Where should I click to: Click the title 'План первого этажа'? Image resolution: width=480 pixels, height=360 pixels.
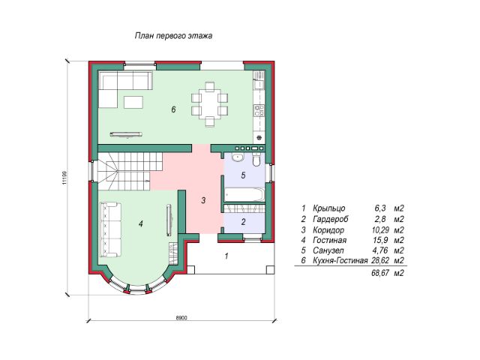pyautogui.click(x=173, y=36)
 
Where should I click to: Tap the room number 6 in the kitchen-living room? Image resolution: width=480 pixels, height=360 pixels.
pyautogui.click(x=173, y=109)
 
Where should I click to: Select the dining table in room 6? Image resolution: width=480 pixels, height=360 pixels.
pyautogui.click(x=210, y=104)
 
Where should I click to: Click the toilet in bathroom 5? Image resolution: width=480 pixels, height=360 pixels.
pyautogui.click(x=256, y=160)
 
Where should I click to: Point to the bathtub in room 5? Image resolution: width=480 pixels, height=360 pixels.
pyautogui.click(x=244, y=195)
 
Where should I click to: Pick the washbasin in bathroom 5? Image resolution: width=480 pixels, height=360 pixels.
pyautogui.click(x=237, y=157)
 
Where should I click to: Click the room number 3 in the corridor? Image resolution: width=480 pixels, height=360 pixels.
pyautogui.click(x=203, y=200)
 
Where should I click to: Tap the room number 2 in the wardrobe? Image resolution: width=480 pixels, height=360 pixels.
pyautogui.click(x=243, y=222)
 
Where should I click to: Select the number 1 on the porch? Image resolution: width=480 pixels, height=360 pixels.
pyautogui.click(x=226, y=256)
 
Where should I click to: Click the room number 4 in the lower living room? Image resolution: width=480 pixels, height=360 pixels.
pyautogui.click(x=140, y=223)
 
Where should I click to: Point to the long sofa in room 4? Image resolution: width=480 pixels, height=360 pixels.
pyautogui.click(x=110, y=229)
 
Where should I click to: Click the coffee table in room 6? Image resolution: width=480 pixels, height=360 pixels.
pyautogui.click(x=133, y=102)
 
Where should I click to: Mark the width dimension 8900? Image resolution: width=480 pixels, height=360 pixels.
pyautogui.click(x=181, y=318)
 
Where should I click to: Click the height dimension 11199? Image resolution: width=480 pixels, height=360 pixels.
pyautogui.click(x=64, y=178)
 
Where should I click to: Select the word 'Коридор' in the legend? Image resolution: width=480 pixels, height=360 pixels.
pyautogui.click(x=328, y=230)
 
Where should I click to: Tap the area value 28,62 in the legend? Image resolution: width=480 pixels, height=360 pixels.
pyautogui.click(x=380, y=260)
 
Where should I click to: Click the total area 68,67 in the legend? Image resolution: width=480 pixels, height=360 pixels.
pyautogui.click(x=380, y=273)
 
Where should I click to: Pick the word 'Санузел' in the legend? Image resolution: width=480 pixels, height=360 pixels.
pyautogui.click(x=328, y=250)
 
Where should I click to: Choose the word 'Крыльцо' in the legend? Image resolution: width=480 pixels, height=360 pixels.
pyautogui.click(x=329, y=208)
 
